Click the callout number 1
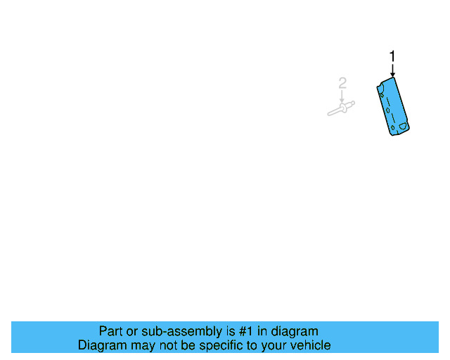392,56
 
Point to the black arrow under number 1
392,70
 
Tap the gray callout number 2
342,84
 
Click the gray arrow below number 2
342,96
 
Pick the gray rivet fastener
341,108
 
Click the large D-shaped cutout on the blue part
403,127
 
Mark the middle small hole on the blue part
387,110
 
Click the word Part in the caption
110,331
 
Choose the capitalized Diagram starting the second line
102,345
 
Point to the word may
145,345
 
